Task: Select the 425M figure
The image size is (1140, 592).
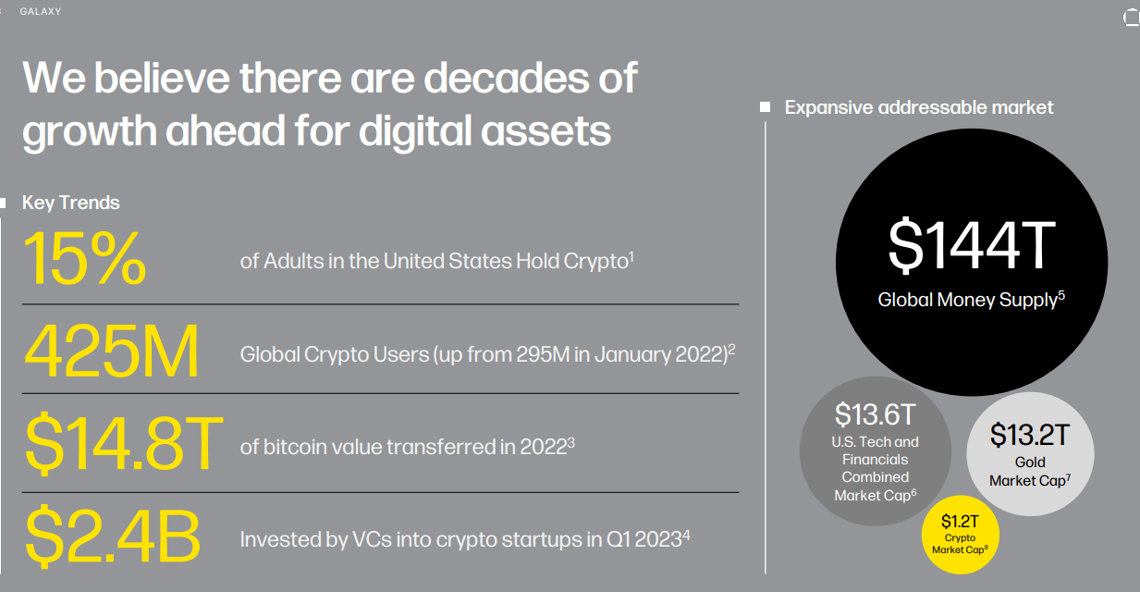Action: (x=111, y=352)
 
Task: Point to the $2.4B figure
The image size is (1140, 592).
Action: (x=112, y=536)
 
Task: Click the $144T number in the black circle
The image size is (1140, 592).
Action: (x=971, y=243)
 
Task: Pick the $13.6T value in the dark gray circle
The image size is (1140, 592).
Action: (x=876, y=413)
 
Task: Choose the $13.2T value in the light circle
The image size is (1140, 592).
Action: (x=1030, y=434)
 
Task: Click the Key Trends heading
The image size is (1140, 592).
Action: (x=71, y=203)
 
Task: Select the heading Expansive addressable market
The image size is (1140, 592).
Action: (x=919, y=107)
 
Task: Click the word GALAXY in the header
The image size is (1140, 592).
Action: (x=41, y=12)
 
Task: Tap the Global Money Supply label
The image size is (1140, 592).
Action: (x=967, y=300)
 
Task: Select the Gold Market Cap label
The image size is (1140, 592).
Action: (x=1030, y=471)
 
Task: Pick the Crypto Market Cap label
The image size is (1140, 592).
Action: (x=960, y=544)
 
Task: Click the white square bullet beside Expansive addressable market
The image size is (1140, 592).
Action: (x=765, y=107)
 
